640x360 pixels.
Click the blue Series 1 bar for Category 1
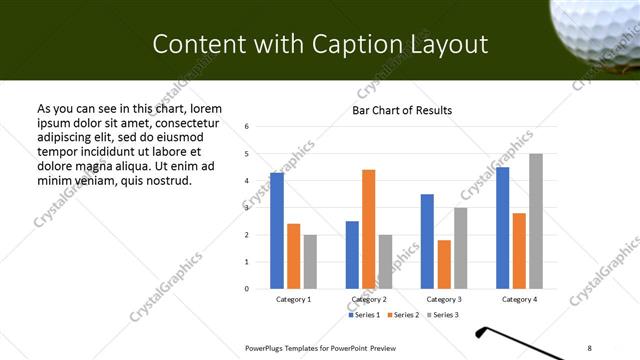click(277, 231)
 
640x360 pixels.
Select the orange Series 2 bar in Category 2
click(368, 229)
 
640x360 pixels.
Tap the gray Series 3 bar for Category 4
click(536, 221)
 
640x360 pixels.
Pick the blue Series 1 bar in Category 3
click(427, 241)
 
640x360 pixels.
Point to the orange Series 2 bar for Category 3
click(444, 264)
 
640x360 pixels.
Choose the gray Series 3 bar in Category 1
click(310, 261)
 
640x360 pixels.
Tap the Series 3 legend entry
click(442, 315)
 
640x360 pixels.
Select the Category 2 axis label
click(369, 299)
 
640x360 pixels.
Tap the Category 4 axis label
click(519, 299)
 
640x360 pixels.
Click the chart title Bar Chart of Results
click(402, 110)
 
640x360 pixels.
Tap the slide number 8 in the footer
click(589, 348)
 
